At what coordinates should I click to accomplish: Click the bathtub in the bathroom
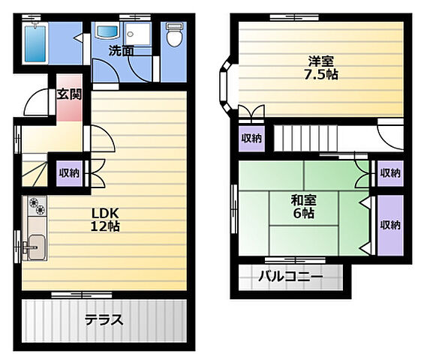click(35, 43)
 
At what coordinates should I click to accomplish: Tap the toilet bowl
click(174, 34)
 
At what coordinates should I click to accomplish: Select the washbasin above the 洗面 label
click(107, 32)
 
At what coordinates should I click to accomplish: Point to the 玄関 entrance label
click(69, 94)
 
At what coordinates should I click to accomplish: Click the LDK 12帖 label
click(105, 220)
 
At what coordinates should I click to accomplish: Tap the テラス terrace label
click(104, 319)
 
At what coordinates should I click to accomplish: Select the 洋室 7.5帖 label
click(321, 67)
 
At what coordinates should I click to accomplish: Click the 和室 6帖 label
click(304, 206)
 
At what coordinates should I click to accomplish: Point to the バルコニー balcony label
click(290, 276)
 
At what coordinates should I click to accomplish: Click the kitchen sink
click(36, 247)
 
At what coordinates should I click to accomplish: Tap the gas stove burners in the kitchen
click(37, 206)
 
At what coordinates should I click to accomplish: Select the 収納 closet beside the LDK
click(69, 173)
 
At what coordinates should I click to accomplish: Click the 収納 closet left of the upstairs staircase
click(251, 139)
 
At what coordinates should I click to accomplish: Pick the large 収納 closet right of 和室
click(390, 225)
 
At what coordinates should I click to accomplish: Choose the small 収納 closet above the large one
click(390, 173)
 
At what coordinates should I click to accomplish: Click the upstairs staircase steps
click(305, 139)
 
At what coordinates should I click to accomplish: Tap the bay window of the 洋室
click(226, 84)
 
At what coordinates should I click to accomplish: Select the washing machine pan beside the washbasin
click(138, 34)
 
